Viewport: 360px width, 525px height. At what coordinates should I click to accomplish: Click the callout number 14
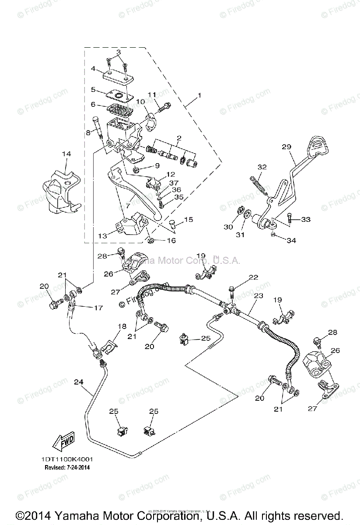click(x=66, y=154)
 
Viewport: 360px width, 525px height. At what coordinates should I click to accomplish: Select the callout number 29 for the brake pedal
click(x=287, y=147)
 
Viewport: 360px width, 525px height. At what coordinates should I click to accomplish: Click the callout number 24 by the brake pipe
click(x=78, y=381)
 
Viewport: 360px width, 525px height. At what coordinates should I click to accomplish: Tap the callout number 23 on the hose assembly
click(x=259, y=296)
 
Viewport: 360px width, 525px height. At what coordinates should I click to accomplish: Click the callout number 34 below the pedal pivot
click(x=292, y=240)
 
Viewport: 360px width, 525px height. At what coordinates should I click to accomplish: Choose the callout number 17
click(x=98, y=308)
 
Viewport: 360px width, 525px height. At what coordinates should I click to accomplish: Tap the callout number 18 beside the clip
click(x=122, y=326)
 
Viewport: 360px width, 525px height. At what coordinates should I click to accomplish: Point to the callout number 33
click(x=305, y=219)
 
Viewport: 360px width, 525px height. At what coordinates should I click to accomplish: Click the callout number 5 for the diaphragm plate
click(x=93, y=90)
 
